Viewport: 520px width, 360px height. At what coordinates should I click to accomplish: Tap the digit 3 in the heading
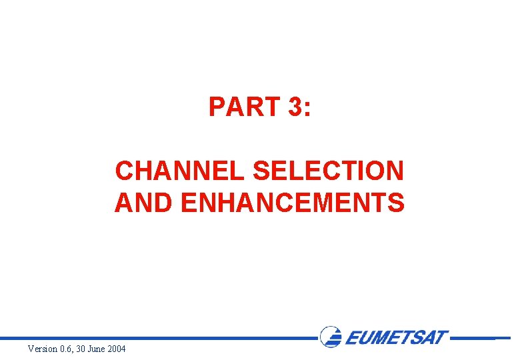click(295, 107)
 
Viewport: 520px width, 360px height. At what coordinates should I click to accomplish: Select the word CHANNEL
click(181, 171)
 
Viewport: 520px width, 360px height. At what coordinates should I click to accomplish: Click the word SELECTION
click(329, 171)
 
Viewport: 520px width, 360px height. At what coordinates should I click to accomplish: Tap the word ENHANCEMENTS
click(292, 203)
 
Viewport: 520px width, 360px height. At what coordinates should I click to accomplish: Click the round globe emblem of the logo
click(331, 337)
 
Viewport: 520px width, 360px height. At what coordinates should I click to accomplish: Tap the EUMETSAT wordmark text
click(396, 337)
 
